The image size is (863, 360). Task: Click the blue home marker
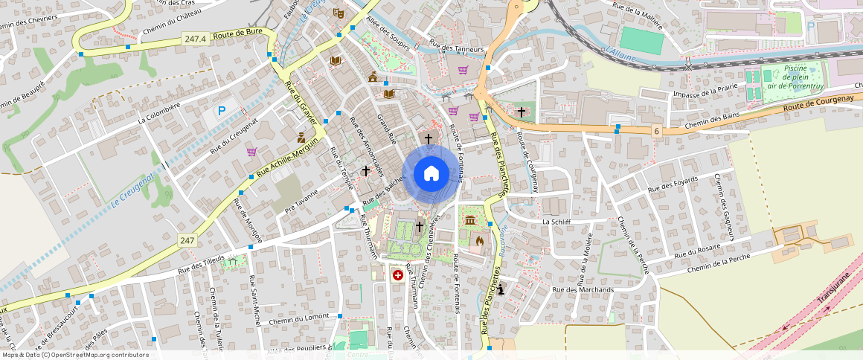(431, 174)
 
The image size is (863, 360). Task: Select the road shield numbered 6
(656, 131)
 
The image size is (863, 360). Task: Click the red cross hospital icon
(398, 275)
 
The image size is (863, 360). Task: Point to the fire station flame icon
(479, 240)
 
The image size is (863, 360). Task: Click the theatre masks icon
(337, 13)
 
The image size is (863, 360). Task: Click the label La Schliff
(556, 222)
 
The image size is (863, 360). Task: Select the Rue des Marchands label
(583, 289)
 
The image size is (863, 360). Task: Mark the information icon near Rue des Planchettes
(501, 289)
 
